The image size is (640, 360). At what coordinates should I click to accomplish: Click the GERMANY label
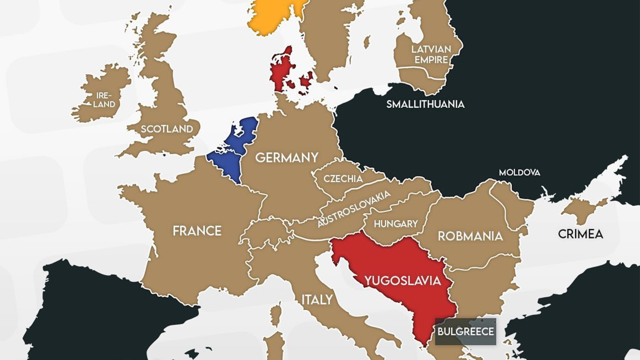[287, 157]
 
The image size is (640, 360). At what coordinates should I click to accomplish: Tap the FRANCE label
[197, 231]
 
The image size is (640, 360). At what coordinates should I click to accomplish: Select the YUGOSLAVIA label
[403, 281]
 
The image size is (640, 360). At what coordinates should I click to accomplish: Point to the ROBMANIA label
[470, 236]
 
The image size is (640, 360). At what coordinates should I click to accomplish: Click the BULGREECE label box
[465, 331]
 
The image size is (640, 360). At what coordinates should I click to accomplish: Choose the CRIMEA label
[580, 234]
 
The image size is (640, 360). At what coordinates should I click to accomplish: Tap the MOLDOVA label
[519, 172]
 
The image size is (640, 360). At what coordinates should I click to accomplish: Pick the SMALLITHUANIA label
[425, 104]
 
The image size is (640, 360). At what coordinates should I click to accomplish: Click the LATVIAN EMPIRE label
[431, 55]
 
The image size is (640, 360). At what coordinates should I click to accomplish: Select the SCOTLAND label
[167, 129]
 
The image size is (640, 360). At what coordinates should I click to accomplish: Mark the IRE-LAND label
[104, 100]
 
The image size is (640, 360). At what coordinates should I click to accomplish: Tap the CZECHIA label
[343, 179]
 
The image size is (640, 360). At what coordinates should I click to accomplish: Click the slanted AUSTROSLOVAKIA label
[354, 209]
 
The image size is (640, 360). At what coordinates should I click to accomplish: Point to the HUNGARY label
[396, 224]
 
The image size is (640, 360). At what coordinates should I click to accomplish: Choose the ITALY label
[317, 300]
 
